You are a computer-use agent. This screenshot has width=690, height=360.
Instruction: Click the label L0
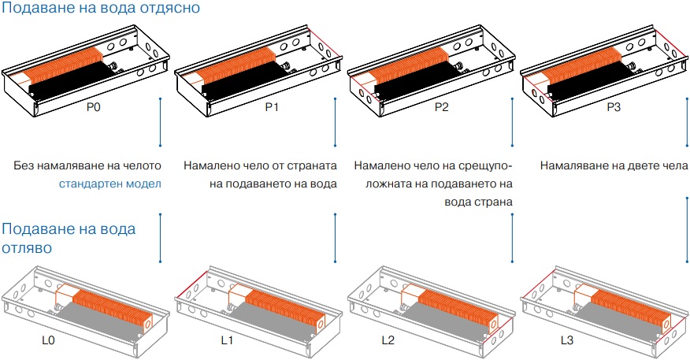[x=49, y=341]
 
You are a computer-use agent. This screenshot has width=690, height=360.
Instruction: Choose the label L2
[x=387, y=341]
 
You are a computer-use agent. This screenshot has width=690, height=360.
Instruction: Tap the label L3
[x=567, y=341]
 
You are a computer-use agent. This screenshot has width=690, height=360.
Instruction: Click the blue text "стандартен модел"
[x=109, y=184]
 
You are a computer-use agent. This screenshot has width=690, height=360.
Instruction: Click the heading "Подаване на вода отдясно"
[x=100, y=9]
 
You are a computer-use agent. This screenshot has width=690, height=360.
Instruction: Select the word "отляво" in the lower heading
[x=28, y=247]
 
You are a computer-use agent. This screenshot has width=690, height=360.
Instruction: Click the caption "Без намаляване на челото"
[x=87, y=166]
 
